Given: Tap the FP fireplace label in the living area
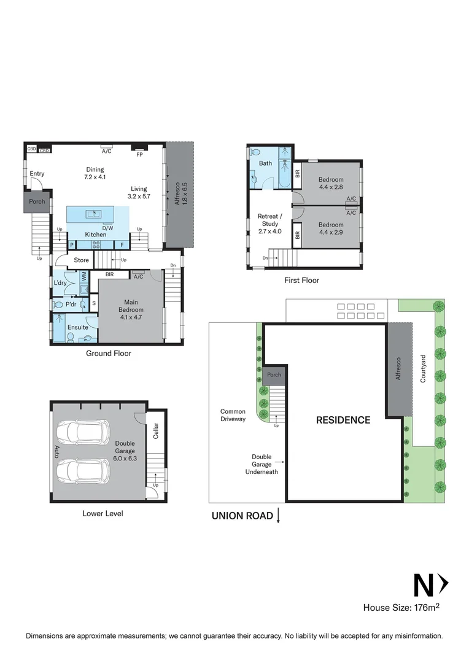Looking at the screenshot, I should pyautogui.click(x=139, y=154).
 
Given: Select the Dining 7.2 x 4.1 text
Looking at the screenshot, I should pyautogui.click(x=95, y=173).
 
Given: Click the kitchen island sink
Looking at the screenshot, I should pyautogui.click(x=94, y=214).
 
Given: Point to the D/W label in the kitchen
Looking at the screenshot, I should pyautogui.click(x=107, y=228).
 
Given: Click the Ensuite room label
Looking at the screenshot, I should pyautogui.click(x=78, y=327).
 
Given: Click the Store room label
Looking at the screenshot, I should pyautogui.click(x=82, y=260).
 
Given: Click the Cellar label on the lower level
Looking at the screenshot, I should pyautogui.click(x=156, y=432).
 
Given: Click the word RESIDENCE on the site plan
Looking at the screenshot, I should pyautogui.click(x=343, y=421).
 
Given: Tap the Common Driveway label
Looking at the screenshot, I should pyautogui.click(x=233, y=416).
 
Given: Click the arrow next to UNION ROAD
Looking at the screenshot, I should pyautogui.click(x=279, y=516).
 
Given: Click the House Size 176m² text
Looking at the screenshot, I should pyautogui.click(x=401, y=608).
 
